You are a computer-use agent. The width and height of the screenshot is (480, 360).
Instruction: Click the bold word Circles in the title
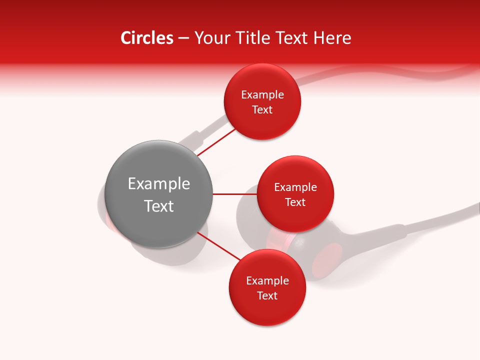click(x=146, y=38)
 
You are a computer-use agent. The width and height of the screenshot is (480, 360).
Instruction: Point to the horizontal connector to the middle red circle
click(x=234, y=194)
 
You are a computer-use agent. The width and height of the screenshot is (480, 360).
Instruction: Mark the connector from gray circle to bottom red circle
click(x=219, y=246)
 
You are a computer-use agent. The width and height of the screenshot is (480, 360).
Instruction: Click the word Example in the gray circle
click(x=158, y=183)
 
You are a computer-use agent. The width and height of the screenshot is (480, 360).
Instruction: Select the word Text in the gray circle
click(x=158, y=206)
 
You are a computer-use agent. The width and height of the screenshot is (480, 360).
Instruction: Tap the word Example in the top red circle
click(x=262, y=94)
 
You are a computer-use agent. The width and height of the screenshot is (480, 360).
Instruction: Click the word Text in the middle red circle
click(x=295, y=202)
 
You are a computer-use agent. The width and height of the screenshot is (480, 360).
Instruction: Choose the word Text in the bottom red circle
click(x=267, y=295)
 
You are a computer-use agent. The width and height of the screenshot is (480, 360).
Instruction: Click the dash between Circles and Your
click(x=183, y=38)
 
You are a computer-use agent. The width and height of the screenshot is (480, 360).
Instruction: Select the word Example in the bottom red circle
click(x=267, y=280)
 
